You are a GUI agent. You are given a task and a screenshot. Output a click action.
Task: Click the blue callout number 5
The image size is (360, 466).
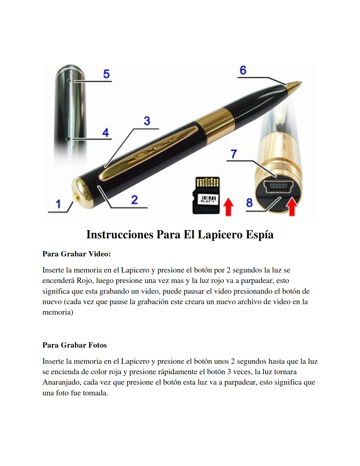coord(106,74)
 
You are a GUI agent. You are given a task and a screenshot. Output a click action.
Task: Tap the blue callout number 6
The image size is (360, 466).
coord(243,70)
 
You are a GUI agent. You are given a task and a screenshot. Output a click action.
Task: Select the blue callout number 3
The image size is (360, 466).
coord(147,121)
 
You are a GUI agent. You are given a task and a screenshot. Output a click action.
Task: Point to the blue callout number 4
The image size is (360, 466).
coord(106,132)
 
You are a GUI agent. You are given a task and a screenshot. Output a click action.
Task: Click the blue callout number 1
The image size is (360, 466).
coord(58,204)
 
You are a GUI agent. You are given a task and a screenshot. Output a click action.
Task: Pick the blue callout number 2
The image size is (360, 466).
coord(134,200)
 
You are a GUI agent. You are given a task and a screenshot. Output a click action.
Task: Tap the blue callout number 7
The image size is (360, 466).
coord(234,154)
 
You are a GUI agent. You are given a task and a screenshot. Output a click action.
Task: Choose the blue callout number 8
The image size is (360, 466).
coord(249,203)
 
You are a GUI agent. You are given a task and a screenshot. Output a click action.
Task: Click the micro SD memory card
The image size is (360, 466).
coord(206,195)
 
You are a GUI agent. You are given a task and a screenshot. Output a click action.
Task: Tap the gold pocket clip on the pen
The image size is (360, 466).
coord(149,153)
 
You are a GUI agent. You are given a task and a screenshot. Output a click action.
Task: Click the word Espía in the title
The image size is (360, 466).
coord(259,234)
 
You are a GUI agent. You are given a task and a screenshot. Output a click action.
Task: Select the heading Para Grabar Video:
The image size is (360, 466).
coord(77,254)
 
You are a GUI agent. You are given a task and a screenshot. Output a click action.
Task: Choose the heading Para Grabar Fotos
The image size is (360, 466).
coord(75,345)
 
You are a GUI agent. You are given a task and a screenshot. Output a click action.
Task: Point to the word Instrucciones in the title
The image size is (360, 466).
coord(120,234)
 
